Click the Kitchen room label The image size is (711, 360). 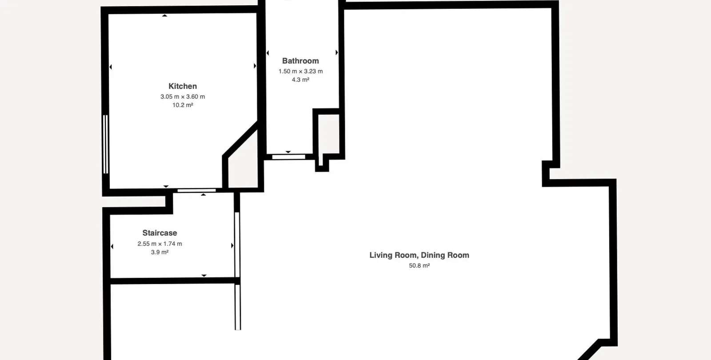pos(183,86)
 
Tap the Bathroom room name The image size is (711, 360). pos(300,60)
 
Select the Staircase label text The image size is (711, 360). pos(160,233)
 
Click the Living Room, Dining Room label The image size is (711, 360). pos(419,255)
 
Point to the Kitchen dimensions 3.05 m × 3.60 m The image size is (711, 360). pos(183,96)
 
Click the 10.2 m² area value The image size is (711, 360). pos(183,105)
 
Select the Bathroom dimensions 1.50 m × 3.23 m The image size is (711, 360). pos(300,71)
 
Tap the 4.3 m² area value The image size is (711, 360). pos(300,80)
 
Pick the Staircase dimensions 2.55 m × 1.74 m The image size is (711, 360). pos(160,244)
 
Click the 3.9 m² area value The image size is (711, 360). pos(160,252)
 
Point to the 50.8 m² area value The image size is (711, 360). pos(419,265)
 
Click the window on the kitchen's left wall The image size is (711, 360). pos(106,144)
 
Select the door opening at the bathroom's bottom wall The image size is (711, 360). pos(288,157)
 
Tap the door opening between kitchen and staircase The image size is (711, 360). pos(196,191)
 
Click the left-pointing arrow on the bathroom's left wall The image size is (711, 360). pos(268,53)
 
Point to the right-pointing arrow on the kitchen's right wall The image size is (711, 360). pos(255,66)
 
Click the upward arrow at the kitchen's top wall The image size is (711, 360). pos(164,15)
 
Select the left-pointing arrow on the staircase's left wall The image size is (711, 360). pos(112,246)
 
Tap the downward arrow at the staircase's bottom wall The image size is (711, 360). pos(204,276)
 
